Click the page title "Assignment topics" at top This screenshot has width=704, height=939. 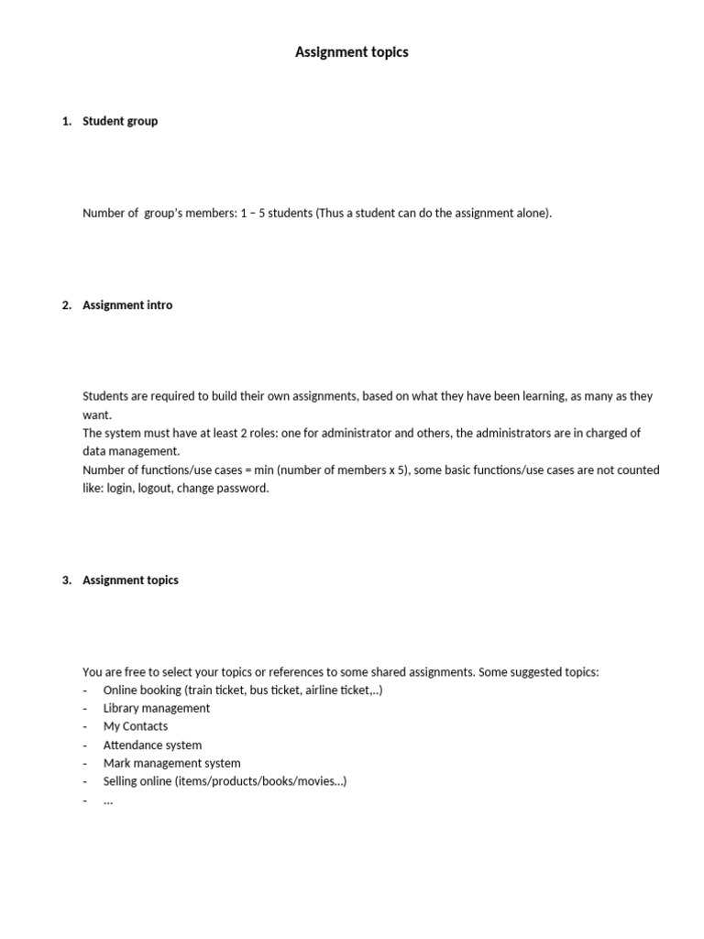(x=351, y=52)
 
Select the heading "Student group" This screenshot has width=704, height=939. (x=120, y=121)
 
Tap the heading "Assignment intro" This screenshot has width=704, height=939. (x=127, y=305)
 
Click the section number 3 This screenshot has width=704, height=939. (x=66, y=580)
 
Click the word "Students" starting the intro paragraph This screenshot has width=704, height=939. (x=106, y=396)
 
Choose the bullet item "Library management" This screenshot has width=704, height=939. (x=157, y=708)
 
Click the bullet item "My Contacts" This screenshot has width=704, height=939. (x=136, y=726)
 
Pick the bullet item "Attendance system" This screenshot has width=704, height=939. (x=152, y=745)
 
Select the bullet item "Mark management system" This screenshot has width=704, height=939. (x=172, y=763)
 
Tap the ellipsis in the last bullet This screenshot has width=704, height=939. (x=108, y=801)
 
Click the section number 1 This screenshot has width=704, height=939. (x=66, y=121)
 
